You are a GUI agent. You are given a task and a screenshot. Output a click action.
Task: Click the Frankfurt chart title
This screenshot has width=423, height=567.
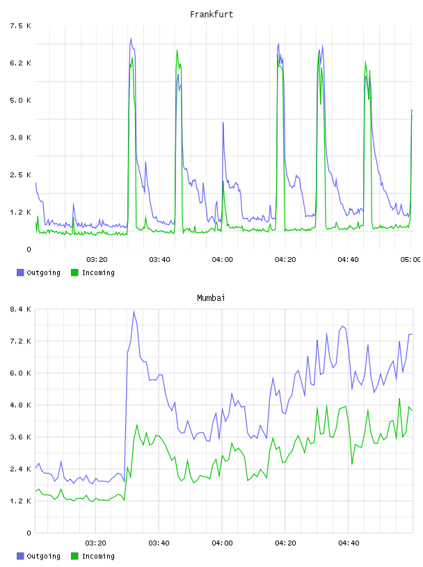(211, 15)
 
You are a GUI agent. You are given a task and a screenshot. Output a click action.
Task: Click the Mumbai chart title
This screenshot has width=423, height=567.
(211, 298)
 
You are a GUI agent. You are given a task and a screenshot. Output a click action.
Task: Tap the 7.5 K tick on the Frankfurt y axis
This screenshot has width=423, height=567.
(21, 26)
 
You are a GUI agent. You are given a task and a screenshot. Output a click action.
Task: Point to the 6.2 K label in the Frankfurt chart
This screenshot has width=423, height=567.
(21, 63)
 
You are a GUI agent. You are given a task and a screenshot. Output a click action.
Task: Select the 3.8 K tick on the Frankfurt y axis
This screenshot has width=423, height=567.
(21, 138)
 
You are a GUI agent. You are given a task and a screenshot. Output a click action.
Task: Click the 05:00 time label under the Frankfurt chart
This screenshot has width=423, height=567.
(410, 260)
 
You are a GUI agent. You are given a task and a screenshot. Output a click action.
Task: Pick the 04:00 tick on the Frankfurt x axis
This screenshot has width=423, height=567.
(223, 260)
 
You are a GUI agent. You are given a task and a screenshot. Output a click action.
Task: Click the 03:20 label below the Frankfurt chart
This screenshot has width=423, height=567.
(97, 260)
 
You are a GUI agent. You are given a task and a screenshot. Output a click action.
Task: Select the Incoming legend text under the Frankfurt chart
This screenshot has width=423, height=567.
(98, 272)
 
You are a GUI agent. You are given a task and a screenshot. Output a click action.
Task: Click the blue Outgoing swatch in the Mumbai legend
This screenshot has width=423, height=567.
(20, 556)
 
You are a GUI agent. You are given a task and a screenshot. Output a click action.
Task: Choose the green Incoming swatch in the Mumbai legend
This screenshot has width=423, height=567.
(74, 556)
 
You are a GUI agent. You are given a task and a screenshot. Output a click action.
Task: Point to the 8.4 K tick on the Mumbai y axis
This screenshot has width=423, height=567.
(21, 309)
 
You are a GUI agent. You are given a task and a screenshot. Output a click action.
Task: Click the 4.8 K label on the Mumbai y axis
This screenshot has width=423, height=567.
(21, 405)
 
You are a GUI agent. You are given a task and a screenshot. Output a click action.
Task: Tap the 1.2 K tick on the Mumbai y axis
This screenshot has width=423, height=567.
(21, 501)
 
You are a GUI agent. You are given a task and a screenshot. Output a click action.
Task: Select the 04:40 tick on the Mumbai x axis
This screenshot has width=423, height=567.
(349, 543)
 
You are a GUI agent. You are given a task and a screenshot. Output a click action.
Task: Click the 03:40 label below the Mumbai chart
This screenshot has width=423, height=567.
(159, 543)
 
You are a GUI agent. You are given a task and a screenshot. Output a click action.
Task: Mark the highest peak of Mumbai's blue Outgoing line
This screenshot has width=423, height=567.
(134, 311)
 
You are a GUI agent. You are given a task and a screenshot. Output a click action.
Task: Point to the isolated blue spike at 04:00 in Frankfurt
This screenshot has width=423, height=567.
(223, 123)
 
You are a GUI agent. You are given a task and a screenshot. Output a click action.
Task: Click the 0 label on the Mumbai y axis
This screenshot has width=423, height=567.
(29, 533)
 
